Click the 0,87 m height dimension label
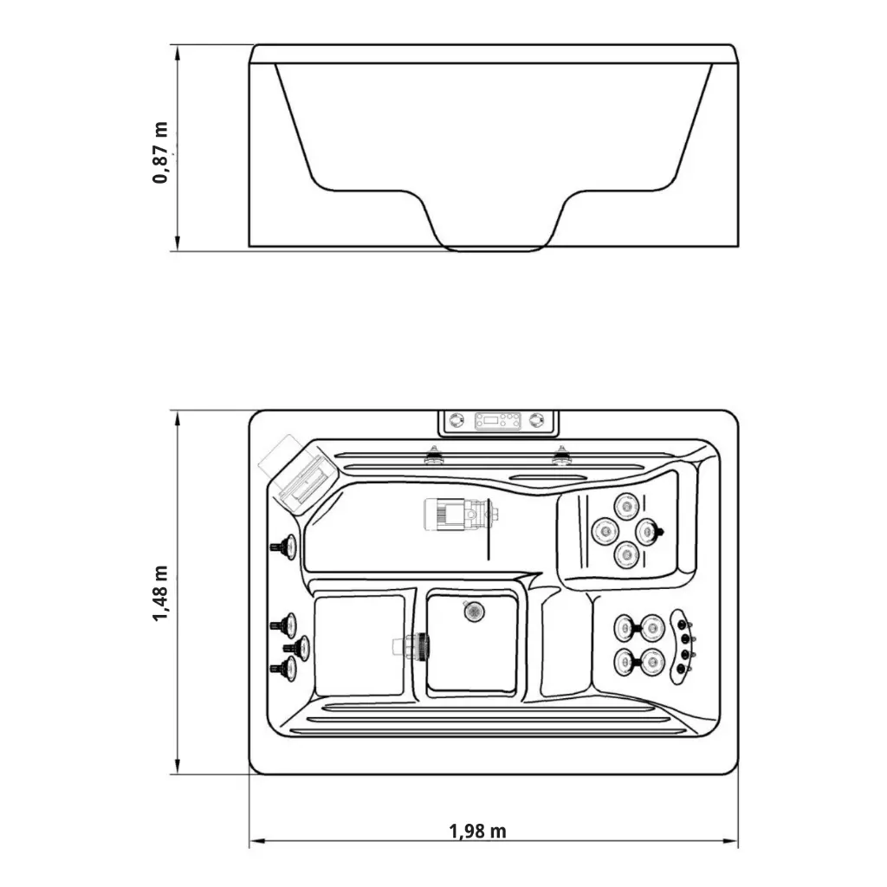pos(160,152)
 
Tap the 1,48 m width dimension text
pos(160,592)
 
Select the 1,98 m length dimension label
pos(478,831)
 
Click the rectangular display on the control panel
pos(497,421)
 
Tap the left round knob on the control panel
pos(456,420)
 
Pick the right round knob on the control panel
pos(537,420)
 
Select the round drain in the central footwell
pos(474,611)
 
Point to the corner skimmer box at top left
pos(298,476)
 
